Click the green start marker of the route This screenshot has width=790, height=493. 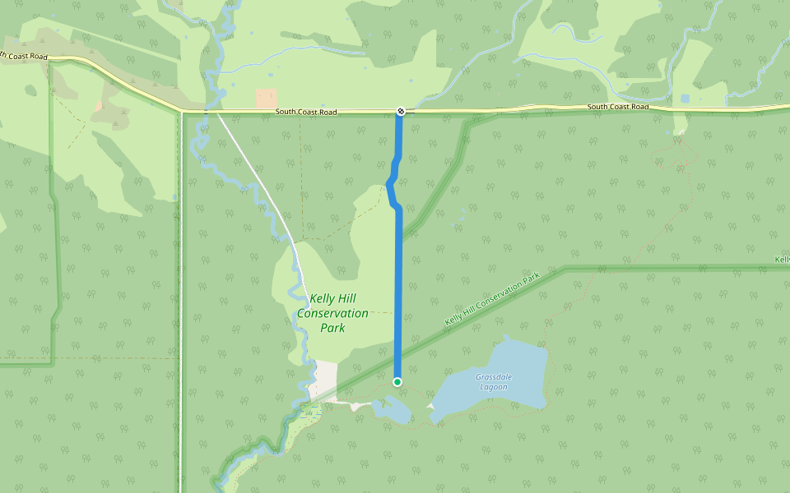point(397,381)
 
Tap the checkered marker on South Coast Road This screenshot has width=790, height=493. point(400,111)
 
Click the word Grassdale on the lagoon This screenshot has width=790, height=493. point(493,377)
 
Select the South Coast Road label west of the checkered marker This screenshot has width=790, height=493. point(306,112)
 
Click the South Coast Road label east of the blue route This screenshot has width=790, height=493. point(617,107)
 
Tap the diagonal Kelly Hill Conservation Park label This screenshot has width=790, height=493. point(492,298)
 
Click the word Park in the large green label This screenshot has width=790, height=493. point(332,328)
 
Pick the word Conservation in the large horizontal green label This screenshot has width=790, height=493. point(332,313)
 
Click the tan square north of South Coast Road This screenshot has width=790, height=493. point(266,99)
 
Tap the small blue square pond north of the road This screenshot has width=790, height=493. point(685,99)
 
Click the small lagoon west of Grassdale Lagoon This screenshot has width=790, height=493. point(393,410)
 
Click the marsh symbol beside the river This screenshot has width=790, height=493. point(309,412)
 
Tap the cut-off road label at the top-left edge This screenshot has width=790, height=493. point(23,56)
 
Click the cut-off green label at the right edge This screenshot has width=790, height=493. point(783,260)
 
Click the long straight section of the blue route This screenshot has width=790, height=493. point(398,296)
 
